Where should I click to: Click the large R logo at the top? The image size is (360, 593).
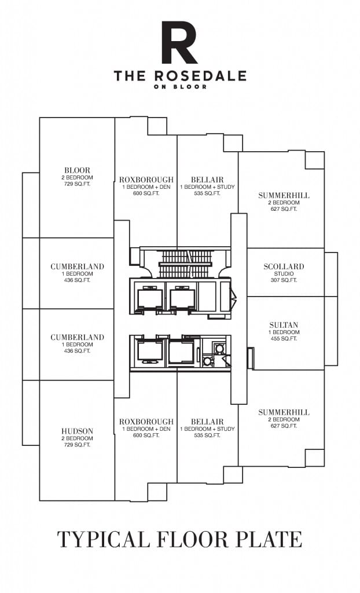pyautogui.click(x=179, y=42)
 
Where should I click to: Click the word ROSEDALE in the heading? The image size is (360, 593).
pyautogui.click(x=200, y=76)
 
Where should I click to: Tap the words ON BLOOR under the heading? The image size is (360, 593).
pyautogui.click(x=181, y=87)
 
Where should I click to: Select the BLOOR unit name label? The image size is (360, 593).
pyautogui.click(x=77, y=170)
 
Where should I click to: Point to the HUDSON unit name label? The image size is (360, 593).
pyautogui.click(x=77, y=431)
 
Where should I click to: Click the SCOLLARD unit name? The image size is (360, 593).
pyautogui.click(x=284, y=266)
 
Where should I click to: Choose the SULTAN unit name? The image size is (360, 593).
pyautogui.click(x=284, y=325)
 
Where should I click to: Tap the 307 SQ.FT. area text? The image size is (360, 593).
pyautogui.click(x=284, y=280)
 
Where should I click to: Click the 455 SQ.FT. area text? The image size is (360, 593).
pyautogui.click(x=284, y=339)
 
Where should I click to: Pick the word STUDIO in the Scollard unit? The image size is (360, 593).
pyautogui.click(x=284, y=273)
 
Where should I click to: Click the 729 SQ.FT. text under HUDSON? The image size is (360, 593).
pyautogui.click(x=77, y=445)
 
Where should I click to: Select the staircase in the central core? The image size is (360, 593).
pyautogui.click(x=185, y=263)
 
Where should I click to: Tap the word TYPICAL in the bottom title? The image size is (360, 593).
pyautogui.click(x=104, y=539)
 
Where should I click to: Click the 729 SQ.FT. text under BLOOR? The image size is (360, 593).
pyautogui.click(x=77, y=184)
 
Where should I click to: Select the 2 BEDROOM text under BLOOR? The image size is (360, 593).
pyautogui.click(x=77, y=177)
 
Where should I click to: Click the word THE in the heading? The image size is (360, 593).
pyautogui.click(x=130, y=76)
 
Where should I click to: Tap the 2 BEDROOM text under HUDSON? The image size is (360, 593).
pyautogui.click(x=77, y=438)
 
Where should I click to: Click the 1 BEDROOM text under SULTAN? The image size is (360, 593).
pyautogui.click(x=284, y=332)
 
